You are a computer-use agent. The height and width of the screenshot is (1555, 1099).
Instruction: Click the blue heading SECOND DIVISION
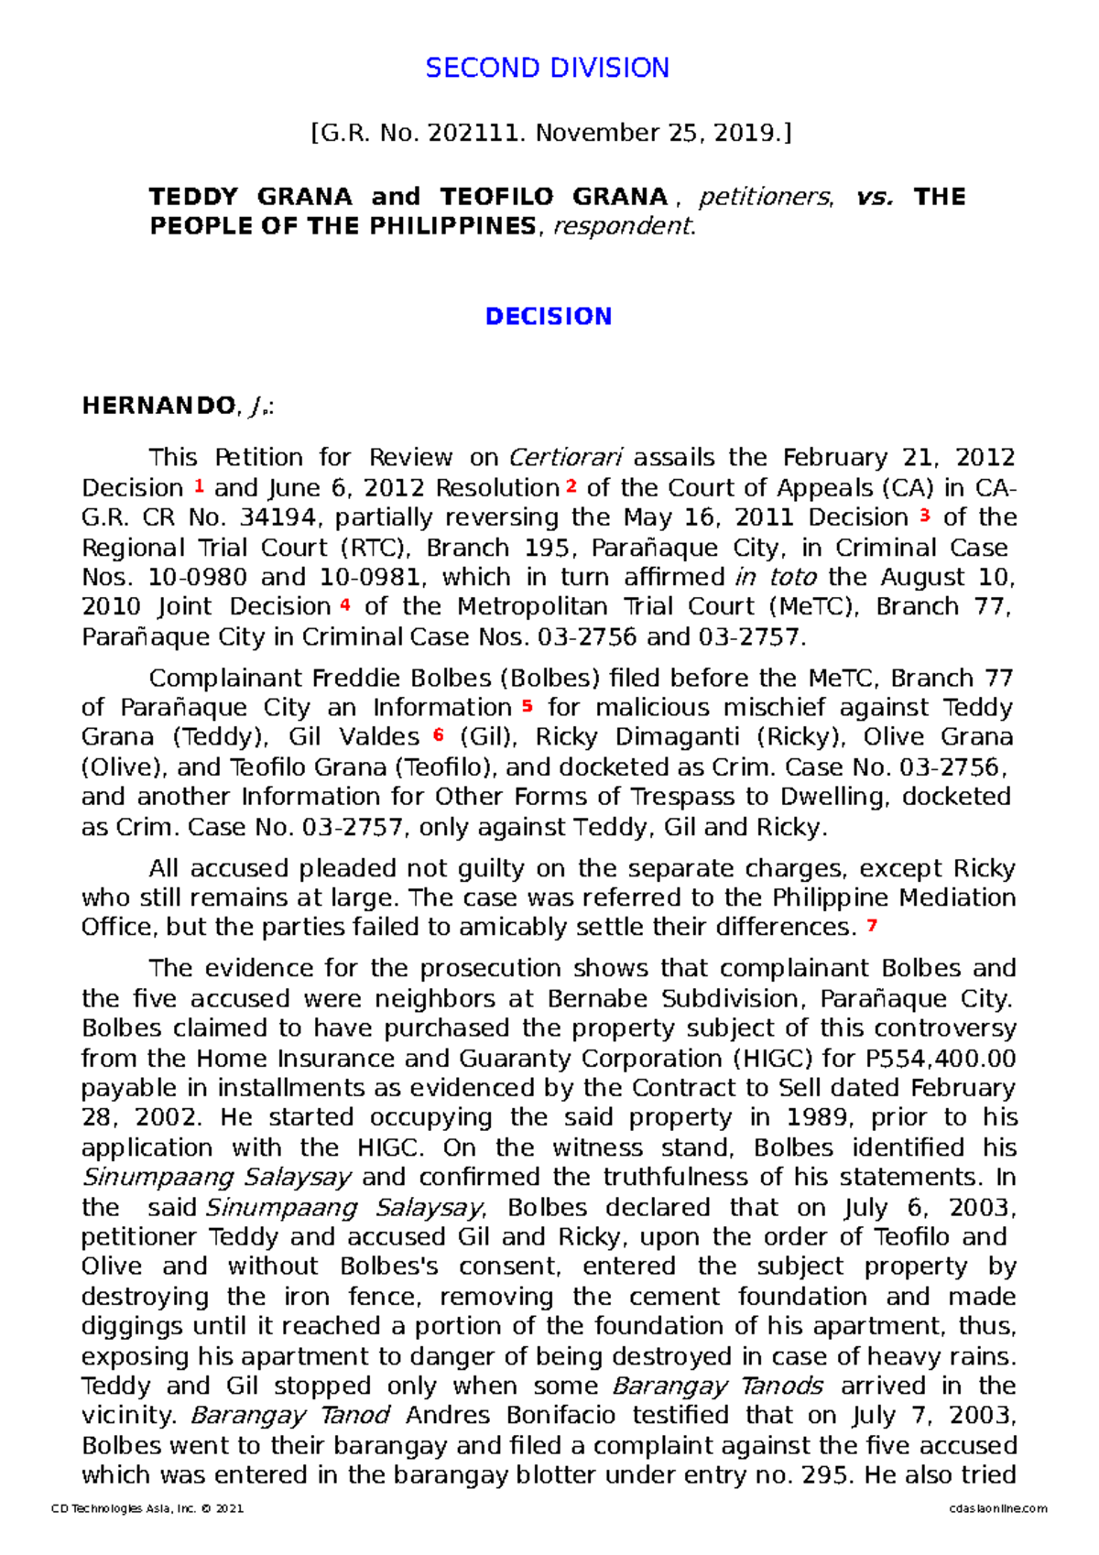(547, 68)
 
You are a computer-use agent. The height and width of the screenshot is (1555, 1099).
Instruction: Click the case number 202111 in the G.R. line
(476, 134)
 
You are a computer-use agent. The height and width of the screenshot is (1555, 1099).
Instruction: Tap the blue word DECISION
(548, 317)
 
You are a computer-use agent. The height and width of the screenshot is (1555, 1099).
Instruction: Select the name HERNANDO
(158, 406)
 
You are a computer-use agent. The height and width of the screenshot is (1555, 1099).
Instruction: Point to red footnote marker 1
(199, 486)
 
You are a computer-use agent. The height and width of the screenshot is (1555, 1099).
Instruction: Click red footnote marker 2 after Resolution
(571, 486)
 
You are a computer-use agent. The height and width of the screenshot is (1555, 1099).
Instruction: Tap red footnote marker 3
(925, 516)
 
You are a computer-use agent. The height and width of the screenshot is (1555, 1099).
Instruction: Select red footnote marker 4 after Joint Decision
(345, 604)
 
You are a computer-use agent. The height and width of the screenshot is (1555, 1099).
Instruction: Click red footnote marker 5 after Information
(527, 706)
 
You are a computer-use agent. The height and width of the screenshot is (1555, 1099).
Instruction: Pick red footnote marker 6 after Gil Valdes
(439, 735)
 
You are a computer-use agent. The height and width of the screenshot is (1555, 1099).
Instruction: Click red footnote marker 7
(871, 926)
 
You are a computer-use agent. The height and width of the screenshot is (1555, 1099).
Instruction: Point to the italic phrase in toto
(775, 578)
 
